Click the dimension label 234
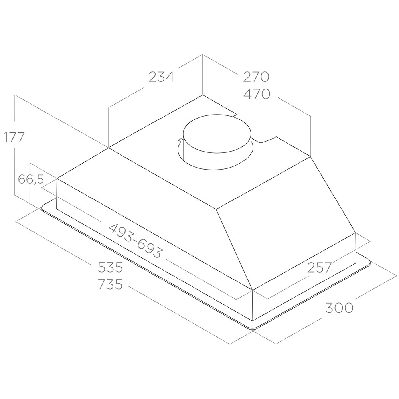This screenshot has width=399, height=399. [161, 76]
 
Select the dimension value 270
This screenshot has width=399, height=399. [256, 76]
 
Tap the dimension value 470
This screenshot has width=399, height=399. [256, 94]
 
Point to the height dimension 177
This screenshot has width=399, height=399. [14, 137]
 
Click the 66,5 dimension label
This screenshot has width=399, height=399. [31, 179]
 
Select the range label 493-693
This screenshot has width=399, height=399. [135, 241]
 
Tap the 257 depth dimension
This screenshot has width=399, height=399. [319, 267]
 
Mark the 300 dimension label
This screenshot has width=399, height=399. [339, 308]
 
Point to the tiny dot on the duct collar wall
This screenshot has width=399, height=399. [209, 152]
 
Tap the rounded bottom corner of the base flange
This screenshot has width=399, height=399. [252, 328]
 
